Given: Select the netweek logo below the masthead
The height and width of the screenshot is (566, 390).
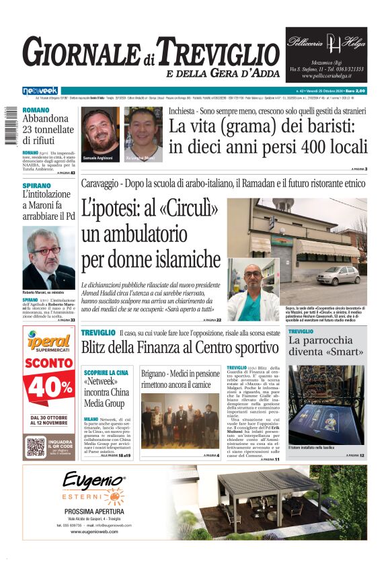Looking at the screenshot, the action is tap(40, 90).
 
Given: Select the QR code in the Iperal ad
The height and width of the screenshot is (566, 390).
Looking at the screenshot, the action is tap(36, 446).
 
